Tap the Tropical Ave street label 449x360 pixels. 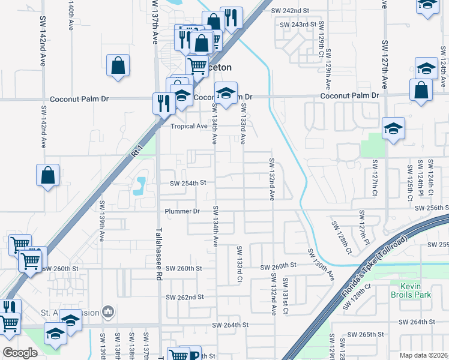(189, 126)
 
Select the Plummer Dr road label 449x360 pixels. (182, 211)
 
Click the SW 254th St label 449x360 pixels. (188, 183)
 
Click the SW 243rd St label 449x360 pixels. (298, 24)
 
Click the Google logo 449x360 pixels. (20, 352)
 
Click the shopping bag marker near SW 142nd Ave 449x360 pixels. (48, 176)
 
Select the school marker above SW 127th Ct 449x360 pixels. (393, 128)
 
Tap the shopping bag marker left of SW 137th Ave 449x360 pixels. (118, 65)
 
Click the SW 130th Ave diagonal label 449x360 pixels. (321, 265)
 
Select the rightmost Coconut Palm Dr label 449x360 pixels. (349, 95)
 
